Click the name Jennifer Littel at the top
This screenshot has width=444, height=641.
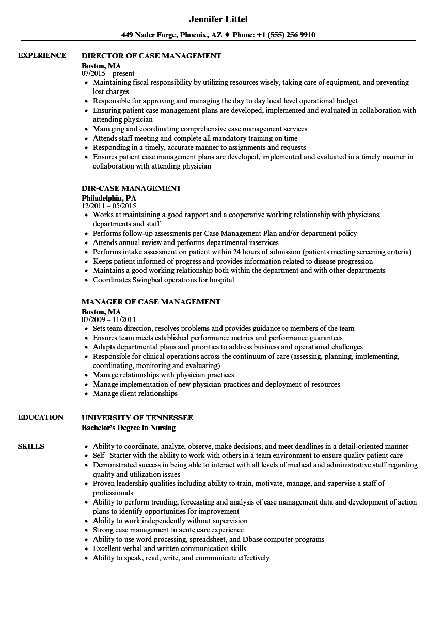(x=218, y=19)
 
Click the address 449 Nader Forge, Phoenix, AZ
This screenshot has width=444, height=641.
(x=172, y=35)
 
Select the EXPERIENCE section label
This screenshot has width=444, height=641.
(x=42, y=56)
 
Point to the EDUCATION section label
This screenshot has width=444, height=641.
(x=41, y=418)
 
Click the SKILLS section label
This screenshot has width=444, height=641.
(x=31, y=447)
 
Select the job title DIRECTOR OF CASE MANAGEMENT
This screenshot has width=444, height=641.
(x=152, y=56)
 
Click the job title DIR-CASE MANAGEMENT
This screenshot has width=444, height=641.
(x=132, y=188)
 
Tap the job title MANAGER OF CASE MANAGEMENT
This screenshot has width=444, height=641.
(x=151, y=302)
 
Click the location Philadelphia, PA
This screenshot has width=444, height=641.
(x=109, y=198)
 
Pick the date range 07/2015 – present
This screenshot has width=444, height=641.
(x=108, y=74)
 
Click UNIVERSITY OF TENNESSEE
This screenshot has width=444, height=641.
(x=137, y=418)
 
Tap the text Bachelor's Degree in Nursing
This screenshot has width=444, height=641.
(x=129, y=428)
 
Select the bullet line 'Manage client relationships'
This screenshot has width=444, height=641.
(x=135, y=394)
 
